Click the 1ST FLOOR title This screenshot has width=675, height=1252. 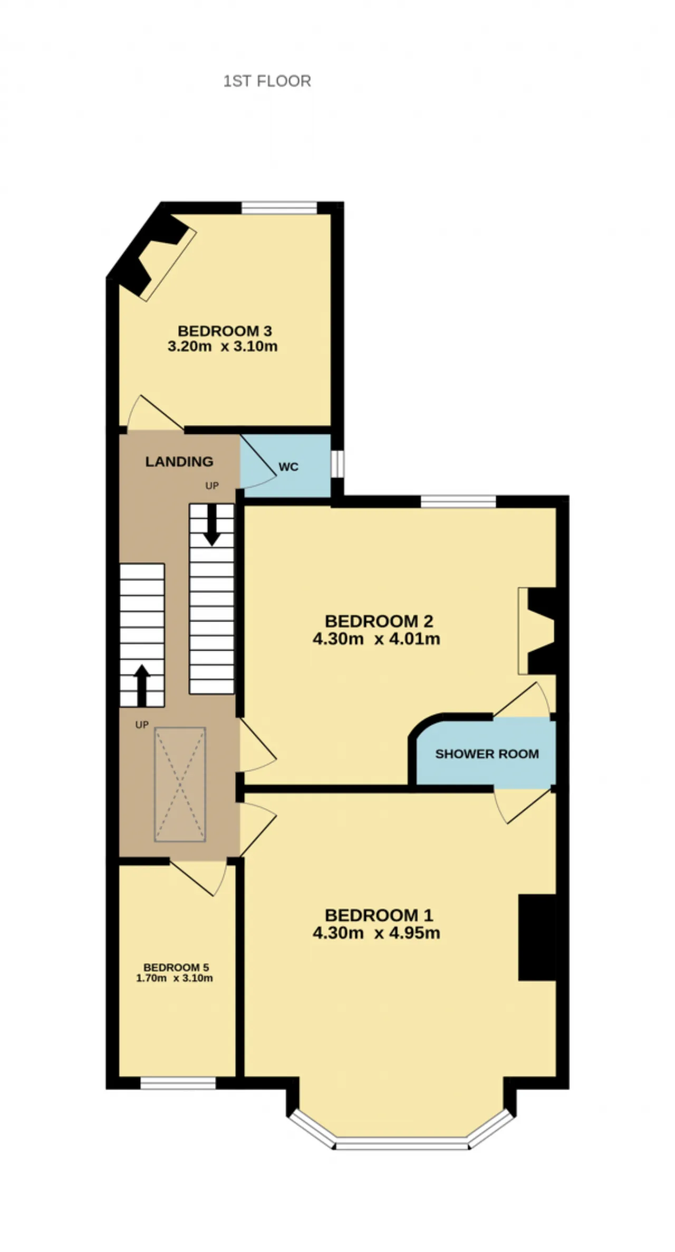coord(267,81)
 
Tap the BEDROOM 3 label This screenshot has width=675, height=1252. coord(225,331)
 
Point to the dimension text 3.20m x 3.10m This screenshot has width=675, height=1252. coord(223,346)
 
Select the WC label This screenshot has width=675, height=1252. coord(288,467)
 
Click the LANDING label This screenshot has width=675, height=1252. coord(179,462)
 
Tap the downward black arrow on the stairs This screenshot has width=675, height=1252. coord(212,525)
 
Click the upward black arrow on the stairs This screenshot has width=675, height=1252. coord(141,685)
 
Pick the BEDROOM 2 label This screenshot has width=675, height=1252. coord(379,622)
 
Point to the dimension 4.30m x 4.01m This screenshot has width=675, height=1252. coord(377,639)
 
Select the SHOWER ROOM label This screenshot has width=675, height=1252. coord(487,754)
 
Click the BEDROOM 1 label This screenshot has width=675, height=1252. coord(379,915)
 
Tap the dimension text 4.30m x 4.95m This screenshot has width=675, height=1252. coord(377,933)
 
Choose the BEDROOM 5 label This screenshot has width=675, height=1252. coord(176,967)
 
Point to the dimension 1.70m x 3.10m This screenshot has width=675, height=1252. coord(175,978)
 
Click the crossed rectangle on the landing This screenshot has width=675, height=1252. coord(180,784)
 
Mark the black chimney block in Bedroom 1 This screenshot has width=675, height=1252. coord(537,937)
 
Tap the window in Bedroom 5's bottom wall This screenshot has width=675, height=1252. coord(178,1083)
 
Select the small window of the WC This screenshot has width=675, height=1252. coord(337,464)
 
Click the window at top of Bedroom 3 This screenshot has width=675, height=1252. coord(279,208)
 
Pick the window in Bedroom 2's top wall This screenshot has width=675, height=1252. coord(458,501)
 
